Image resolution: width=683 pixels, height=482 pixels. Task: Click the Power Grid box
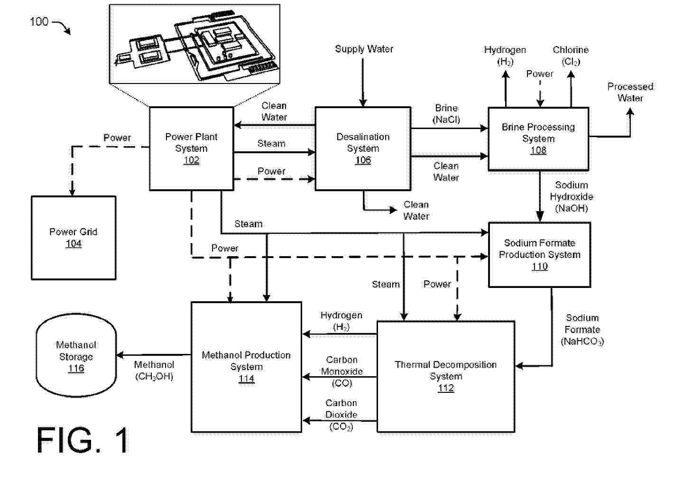point(74,237)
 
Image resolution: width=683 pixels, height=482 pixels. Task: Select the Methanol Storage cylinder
point(76,356)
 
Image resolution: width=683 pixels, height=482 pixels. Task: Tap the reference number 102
point(191,160)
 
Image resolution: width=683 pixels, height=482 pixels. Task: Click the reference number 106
point(363,160)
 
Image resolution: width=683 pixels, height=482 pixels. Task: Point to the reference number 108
point(538,150)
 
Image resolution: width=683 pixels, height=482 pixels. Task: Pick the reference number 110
point(539,267)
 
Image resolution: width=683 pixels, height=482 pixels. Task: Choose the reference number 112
point(445,388)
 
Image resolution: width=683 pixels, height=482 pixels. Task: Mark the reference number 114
point(246,379)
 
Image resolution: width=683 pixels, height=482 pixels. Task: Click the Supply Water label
point(364,49)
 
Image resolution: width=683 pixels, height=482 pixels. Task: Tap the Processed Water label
point(630,92)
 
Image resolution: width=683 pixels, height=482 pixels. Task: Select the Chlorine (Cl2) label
point(571,56)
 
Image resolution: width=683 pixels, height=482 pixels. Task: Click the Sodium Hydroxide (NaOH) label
point(571,196)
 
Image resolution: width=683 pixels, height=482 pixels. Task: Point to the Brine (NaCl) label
point(446,114)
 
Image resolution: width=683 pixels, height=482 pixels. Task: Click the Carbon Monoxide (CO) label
point(341,371)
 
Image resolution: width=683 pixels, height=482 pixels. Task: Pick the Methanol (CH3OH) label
point(154,371)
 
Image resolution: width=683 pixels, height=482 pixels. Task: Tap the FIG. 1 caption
point(83,441)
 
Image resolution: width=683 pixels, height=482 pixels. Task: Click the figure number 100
point(39,21)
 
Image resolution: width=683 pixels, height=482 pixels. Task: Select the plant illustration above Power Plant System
point(194,43)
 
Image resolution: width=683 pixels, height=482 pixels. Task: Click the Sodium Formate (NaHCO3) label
point(582,330)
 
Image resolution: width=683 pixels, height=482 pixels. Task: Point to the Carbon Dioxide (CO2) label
point(341,415)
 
